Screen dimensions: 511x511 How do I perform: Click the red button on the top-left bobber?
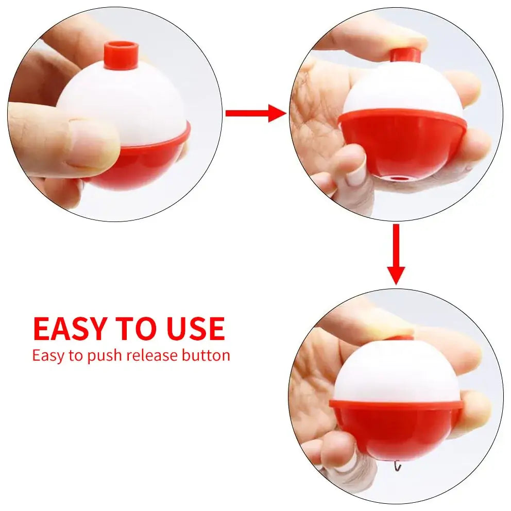[x=121, y=55]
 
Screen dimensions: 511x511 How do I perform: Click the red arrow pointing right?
[x=255, y=113]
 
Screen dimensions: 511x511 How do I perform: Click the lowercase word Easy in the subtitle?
[x=47, y=355]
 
